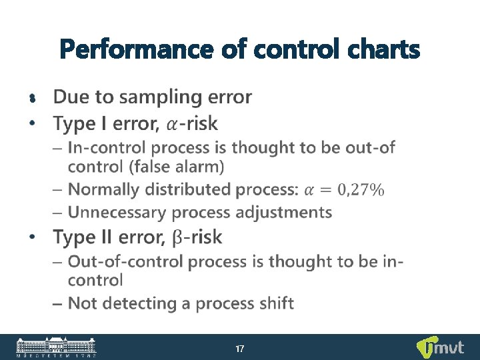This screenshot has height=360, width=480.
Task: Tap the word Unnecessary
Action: click(x=118, y=213)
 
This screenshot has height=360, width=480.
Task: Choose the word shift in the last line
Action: click(x=275, y=303)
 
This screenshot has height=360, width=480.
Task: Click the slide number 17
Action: click(x=240, y=349)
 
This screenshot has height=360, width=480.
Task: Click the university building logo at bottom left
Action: click(x=56, y=347)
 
